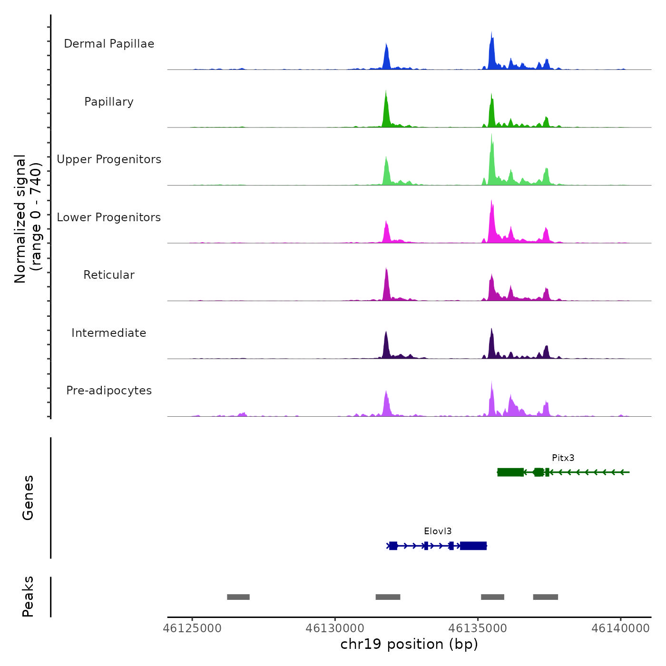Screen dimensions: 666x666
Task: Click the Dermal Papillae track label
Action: (x=109, y=44)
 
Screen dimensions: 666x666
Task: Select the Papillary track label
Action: (x=109, y=102)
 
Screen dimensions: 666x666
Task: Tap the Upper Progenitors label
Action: (x=109, y=159)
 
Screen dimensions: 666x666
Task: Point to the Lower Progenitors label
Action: (x=109, y=217)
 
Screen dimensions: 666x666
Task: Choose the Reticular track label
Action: (x=109, y=275)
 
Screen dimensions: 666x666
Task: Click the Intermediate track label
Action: (x=109, y=333)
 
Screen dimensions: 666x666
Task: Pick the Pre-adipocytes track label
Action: (x=109, y=391)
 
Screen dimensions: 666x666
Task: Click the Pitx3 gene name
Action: (x=563, y=458)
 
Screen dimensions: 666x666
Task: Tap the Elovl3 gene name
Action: (x=438, y=531)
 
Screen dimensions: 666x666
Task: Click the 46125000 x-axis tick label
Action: (x=192, y=628)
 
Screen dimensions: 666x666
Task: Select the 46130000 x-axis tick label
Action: (x=335, y=628)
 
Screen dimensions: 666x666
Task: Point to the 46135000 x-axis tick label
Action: (x=478, y=628)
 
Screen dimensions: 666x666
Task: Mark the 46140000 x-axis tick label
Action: (x=620, y=628)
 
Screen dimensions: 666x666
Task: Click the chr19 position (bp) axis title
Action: (x=409, y=644)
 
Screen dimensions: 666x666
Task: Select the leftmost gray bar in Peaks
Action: (x=238, y=597)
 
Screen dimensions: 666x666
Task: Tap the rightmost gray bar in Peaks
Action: (x=545, y=597)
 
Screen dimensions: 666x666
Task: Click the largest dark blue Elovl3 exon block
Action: (x=473, y=546)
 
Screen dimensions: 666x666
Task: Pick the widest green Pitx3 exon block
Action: (x=510, y=472)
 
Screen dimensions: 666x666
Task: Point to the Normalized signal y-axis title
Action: (x=28, y=219)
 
